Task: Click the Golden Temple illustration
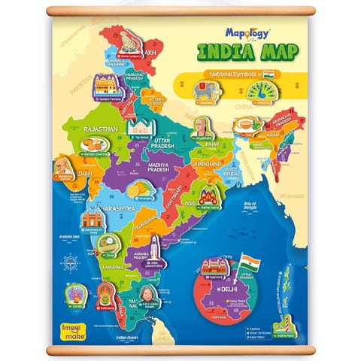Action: [107, 86]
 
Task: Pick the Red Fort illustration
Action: [214, 267]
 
